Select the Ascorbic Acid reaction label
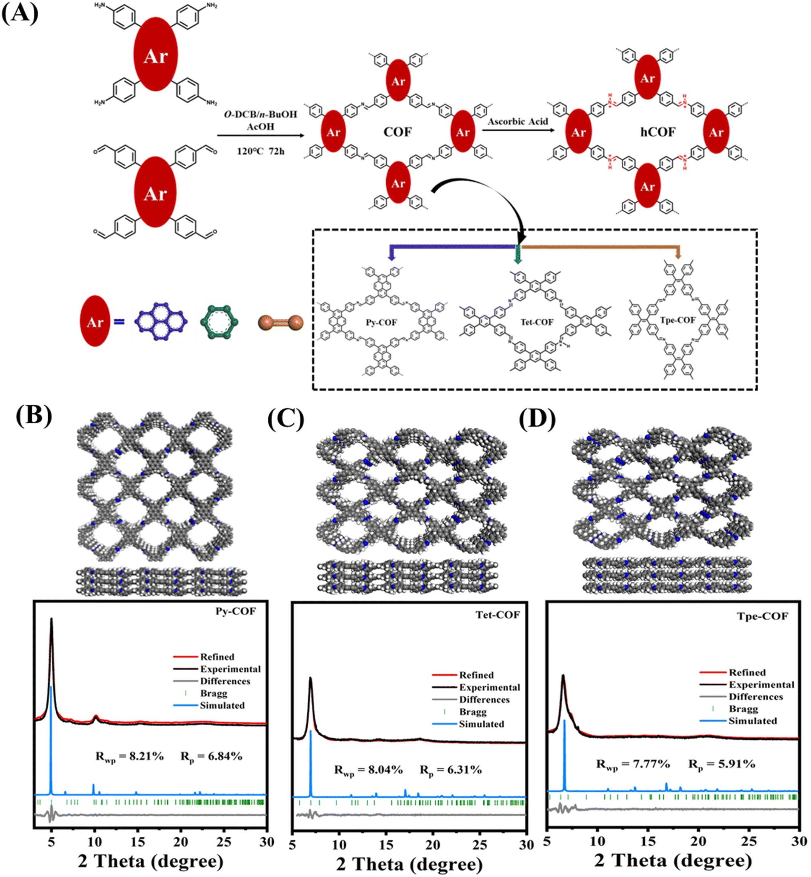518,122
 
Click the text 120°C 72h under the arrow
261,151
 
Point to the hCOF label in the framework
657,132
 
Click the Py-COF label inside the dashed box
381,322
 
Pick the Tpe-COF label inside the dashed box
678,320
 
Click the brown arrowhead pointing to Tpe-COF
678,254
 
